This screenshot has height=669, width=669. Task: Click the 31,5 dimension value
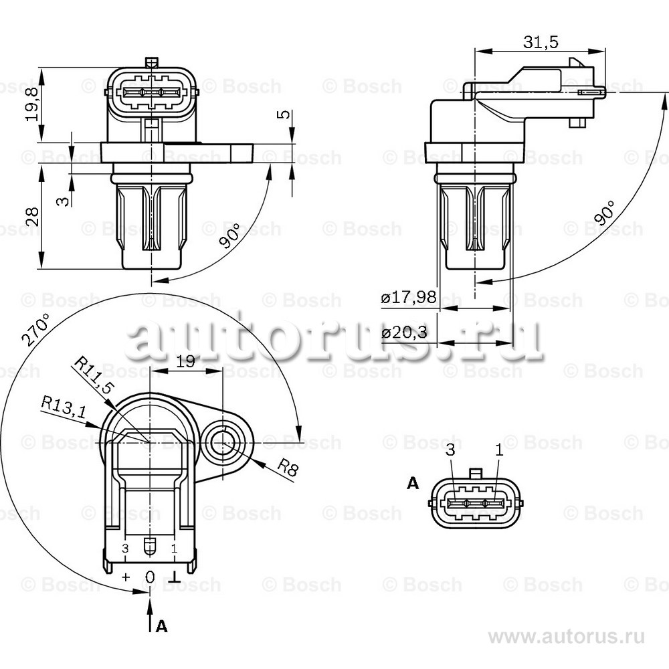click(x=541, y=41)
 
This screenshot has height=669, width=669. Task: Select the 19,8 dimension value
click(x=32, y=104)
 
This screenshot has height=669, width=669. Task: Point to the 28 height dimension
click(x=32, y=216)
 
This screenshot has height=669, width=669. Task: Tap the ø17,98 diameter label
click(x=409, y=296)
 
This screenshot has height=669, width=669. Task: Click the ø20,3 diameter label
click(x=404, y=332)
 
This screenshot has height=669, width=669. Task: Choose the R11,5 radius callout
click(x=94, y=375)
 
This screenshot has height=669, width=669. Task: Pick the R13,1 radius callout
click(x=64, y=407)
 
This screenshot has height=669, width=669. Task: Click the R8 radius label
click(x=288, y=468)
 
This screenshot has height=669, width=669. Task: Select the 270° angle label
click(x=36, y=329)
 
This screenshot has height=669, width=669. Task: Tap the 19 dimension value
click(x=185, y=362)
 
